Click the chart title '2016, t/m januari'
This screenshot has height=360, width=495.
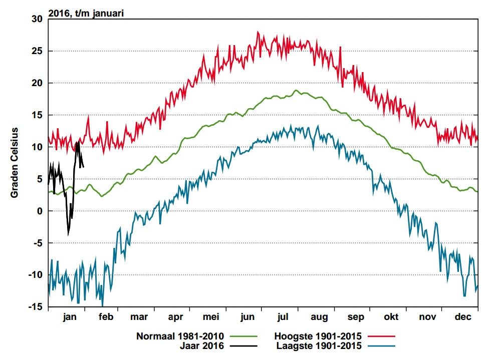[86, 13]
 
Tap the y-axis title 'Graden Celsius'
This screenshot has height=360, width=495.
[15, 163]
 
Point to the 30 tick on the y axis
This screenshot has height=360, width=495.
[37, 19]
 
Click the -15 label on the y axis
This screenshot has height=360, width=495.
[36, 307]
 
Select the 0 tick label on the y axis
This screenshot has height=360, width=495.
[40, 211]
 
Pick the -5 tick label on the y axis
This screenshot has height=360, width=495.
[37, 243]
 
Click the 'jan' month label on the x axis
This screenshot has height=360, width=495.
[70, 317]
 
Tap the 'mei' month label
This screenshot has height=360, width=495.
[211, 316]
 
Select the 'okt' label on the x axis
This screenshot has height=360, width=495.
[391, 316]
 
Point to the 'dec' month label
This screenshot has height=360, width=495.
[463, 316]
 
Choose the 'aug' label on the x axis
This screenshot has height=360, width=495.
[319, 317]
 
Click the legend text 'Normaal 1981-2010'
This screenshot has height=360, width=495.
[180, 336]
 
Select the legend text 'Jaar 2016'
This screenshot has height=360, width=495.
[202, 346]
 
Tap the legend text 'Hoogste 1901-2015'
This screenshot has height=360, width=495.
[318, 336]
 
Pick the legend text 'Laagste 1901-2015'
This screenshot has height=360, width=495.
[319, 346]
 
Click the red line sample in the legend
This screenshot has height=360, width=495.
[381, 336]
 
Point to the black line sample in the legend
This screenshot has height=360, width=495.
[243, 346]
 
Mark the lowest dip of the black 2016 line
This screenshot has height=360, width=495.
[68, 235]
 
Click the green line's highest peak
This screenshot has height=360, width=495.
[296, 90]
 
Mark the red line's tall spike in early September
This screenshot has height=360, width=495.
[340, 48]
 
